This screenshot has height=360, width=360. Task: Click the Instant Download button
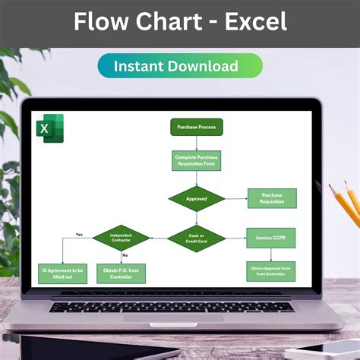point(180,66)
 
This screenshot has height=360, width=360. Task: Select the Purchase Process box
point(197,128)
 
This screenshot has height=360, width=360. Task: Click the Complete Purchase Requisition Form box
point(197,160)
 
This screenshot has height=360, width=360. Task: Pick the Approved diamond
point(197,199)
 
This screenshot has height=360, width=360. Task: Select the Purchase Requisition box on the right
point(272,198)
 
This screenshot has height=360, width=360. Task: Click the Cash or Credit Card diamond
point(197,238)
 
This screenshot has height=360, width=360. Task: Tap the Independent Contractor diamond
point(121,238)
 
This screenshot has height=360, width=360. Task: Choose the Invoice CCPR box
point(270,238)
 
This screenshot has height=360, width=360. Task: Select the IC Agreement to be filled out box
point(63,273)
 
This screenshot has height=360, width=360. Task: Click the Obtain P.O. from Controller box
point(121,273)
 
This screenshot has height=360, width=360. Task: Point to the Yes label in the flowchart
point(79,234)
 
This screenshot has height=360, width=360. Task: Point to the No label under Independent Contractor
point(125,255)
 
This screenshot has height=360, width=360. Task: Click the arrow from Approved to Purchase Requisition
point(236,199)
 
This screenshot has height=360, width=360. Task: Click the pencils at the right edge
point(345,205)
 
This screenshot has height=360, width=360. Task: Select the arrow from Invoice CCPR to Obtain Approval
point(270,254)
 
